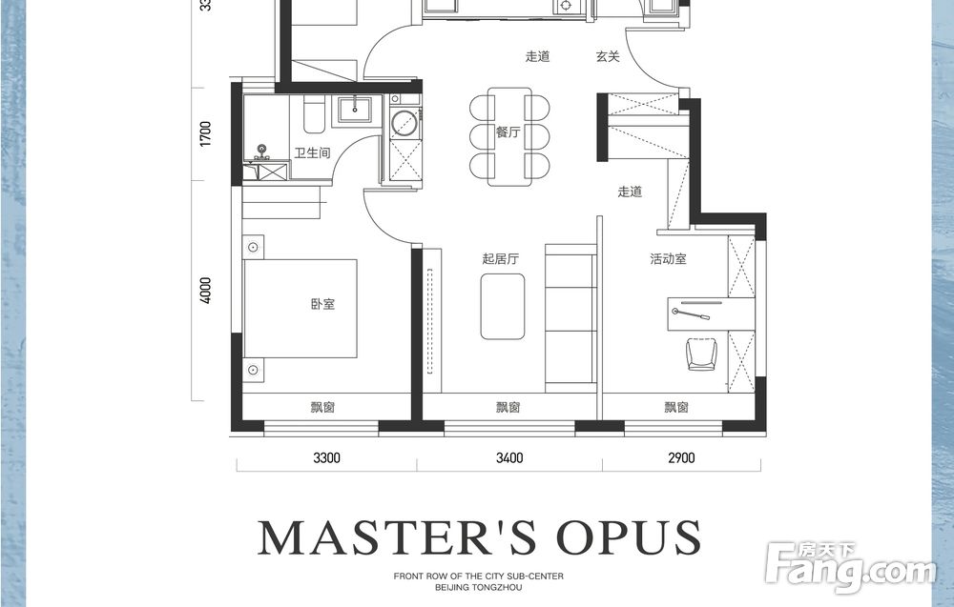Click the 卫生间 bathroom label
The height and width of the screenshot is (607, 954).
point(312,152)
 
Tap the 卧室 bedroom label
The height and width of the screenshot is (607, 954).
point(322,304)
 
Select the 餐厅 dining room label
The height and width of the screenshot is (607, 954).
point(508,132)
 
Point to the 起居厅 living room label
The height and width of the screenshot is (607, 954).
point(501,259)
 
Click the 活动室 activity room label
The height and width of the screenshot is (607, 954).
point(668,259)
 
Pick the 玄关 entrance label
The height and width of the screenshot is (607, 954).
point(607,56)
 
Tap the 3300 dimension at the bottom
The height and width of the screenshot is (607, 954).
point(326,457)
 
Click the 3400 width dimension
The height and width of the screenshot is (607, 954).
point(509,457)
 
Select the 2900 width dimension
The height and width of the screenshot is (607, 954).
point(681,457)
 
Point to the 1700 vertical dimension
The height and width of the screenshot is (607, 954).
point(206,133)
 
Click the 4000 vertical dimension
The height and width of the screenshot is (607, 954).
point(206,291)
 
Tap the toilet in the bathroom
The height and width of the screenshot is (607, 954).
point(314,114)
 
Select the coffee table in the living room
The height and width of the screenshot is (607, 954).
point(503,306)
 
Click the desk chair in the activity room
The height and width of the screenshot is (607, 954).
point(701,354)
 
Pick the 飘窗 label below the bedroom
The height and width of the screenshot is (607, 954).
point(322,407)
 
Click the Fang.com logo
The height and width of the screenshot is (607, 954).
point(851,567)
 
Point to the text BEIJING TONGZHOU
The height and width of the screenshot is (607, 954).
point(479,588)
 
